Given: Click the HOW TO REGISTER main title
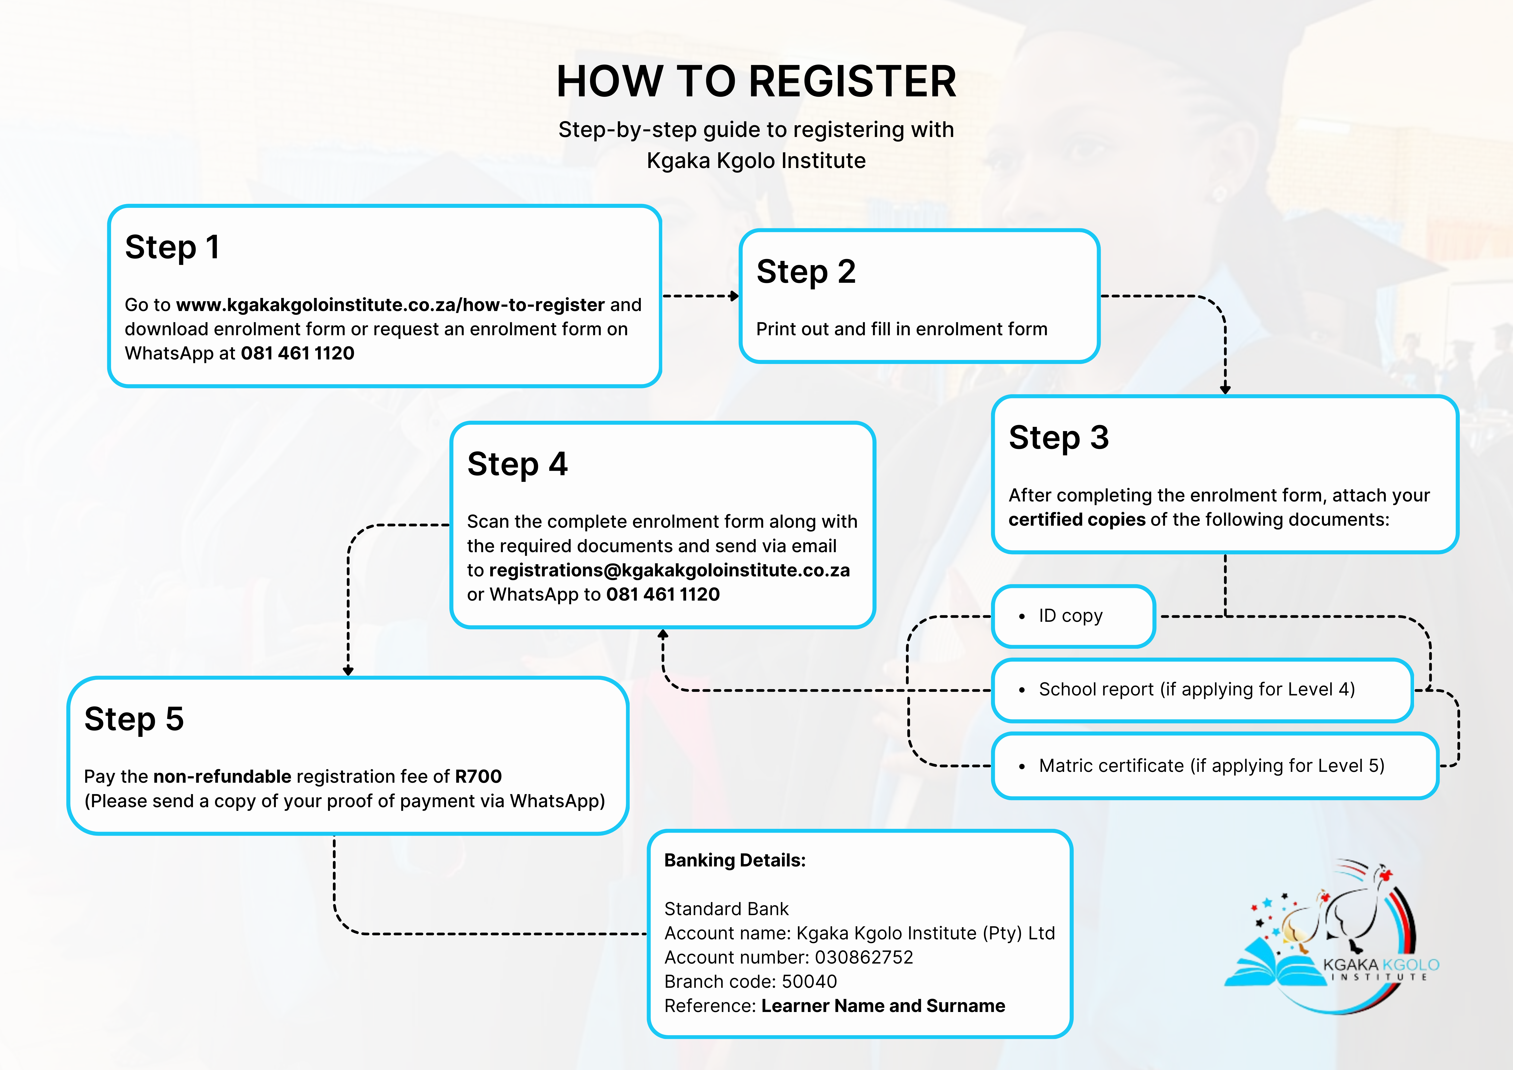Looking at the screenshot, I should (x=756, y=82).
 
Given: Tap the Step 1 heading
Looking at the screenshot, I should (x=172, y=248).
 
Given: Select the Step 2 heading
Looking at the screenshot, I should (x=806, y=272).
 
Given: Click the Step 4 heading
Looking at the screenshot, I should (x=517, y=464).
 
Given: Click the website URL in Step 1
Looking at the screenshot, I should (x=390, y=305).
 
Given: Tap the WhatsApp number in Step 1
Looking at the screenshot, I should (x=297, y=353).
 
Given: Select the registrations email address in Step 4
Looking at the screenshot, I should (x=669, y=570).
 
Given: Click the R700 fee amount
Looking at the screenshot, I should (x=478, y=777).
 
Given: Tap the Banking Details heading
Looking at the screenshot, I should (x=735, y=860).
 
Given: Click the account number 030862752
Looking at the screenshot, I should (x=864, y=957).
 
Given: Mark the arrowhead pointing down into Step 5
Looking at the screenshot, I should (x=348, y=670).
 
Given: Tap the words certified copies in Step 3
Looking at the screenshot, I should (x=1077, y=520).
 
